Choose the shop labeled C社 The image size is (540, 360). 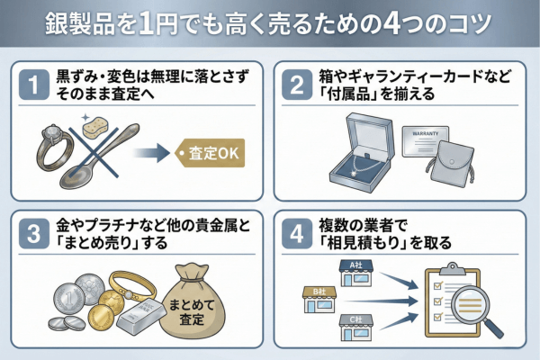(355, 328)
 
